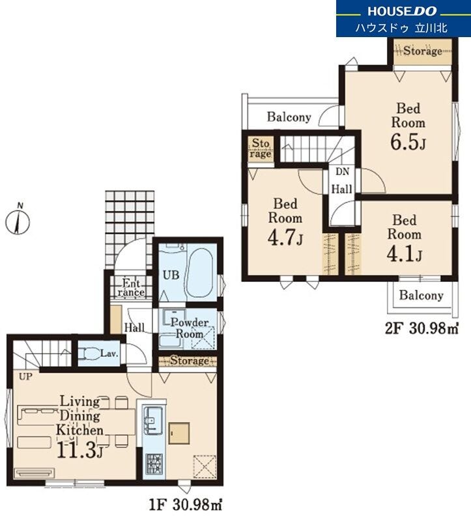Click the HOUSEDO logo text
[x=402, y=11]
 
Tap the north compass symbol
[x=18, y=219]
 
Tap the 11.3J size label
[x=79, y=451]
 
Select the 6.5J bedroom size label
[x=408, y=143]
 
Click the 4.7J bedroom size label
[x=285, y=238]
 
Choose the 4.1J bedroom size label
[x=404, y=254]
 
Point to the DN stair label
[x=343, y=172]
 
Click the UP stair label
[x=25, y=377]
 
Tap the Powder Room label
[x=190, y=328]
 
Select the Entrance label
[x=131, y=288]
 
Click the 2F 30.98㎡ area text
[x=421, y=329]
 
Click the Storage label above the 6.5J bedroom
[x=423, y=51]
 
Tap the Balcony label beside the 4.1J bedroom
[x=421, y=296]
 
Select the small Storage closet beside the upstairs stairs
[x=261, y=148]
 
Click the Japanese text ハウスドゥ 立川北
[x=402, y=27]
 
